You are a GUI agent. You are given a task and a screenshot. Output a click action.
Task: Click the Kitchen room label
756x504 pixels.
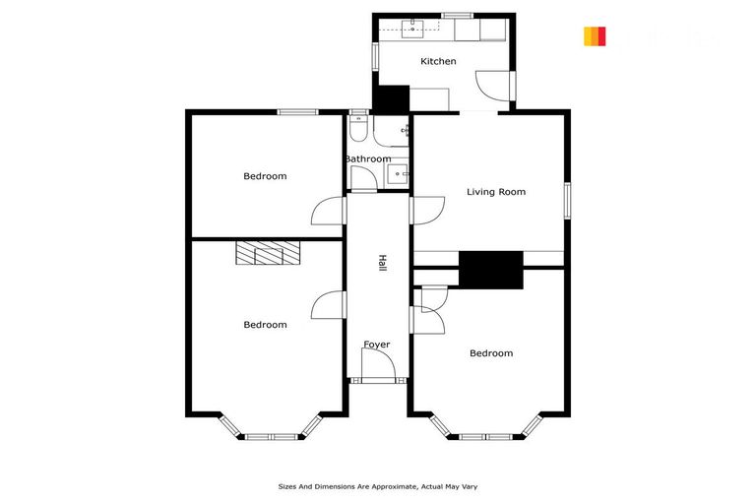click(x=438, y=61)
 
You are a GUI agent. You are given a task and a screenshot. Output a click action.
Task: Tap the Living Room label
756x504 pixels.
click(x=496, y=192)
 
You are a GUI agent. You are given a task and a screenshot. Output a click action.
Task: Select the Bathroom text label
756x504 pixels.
click(x=367, y=158)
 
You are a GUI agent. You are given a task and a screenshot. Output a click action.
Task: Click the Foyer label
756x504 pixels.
click(x=377, y=345)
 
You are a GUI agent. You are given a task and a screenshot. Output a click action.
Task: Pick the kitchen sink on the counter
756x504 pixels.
click(x=413, y=28)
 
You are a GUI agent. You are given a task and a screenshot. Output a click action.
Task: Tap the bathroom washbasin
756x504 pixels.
click(x=400, y=174)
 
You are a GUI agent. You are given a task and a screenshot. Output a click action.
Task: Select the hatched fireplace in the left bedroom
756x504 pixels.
click(x=267, y=253)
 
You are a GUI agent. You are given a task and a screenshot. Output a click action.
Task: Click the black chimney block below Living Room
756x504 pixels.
click(x=490, y=270)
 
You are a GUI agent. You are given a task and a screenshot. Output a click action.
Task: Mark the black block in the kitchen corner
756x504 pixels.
click(x=392, y=99)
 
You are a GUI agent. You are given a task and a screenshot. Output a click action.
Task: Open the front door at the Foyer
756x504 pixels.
click(x=378, y=368)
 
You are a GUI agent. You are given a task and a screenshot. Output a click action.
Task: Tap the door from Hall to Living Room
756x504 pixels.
click(x=424, y=210)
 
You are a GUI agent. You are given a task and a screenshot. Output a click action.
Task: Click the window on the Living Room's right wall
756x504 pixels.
click(x=566, y=200)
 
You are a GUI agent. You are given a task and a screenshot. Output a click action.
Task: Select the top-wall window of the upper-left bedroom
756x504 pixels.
click(x=296, y=111)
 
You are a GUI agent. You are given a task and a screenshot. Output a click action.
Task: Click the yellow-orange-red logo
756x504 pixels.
click(x=595, y=36)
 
